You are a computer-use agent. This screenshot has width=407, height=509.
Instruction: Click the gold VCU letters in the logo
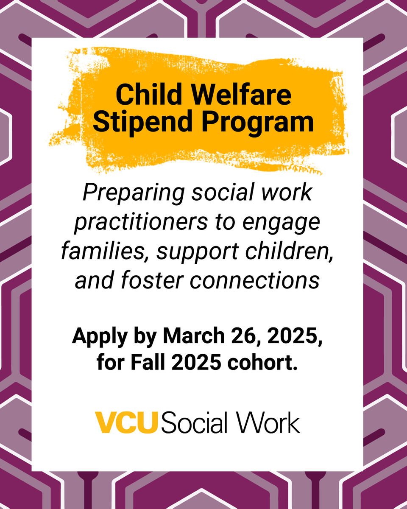tap(126, 422)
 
